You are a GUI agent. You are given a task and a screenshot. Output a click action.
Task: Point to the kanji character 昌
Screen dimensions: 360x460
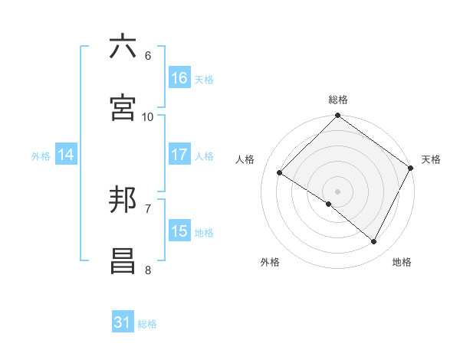pyautogui.click(x=123, y=261)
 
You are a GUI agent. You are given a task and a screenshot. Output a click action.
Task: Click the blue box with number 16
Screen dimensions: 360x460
pyautogui.click(x=179, y=78)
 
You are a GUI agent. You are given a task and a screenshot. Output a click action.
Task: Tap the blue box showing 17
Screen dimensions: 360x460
pyautogui.click(x=179, y=155)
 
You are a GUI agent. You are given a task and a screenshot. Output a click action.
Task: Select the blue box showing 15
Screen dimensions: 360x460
pyautogui.click(x=179, y=231)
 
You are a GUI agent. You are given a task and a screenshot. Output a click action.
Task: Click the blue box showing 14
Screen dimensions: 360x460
pyautogui.click(x=66, y=155)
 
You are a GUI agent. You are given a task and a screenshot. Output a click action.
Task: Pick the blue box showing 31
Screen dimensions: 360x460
pyautogui.click(x=123, y=322)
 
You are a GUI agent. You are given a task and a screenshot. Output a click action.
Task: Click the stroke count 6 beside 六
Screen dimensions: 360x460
pyautogui.click(x=147, y=55)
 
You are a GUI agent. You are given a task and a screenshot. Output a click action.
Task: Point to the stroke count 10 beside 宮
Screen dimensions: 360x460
pyautogui.click(x=148, y=116)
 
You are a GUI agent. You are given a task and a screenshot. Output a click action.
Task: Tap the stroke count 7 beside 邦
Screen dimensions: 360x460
pyautogui.click(x=147, y=208)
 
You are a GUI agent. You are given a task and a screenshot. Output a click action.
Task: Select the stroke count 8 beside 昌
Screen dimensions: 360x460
pyautogui.click(x=147, y=270)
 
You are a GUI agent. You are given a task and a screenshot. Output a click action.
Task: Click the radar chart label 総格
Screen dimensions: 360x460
pyautogui.click(x=337, y=100)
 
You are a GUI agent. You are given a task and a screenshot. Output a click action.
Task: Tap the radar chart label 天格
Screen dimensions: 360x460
pyautogui.click(x=431, y=159)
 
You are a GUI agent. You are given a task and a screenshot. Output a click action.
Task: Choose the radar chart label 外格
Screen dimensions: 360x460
pyautogui.click(x=270, y=262)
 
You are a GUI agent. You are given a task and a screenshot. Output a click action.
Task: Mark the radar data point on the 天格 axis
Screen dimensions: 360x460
pyautogui.click(x=411, y=168)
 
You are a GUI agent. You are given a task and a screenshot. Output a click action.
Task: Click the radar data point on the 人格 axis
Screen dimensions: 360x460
pyautogui.click(x=280, y=173)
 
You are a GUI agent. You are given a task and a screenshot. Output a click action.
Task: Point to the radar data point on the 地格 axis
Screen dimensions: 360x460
pyautogui.click(x=374, y=241)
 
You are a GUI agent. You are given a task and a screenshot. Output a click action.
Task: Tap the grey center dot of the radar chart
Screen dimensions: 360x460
pyautogui.click(x=337, y=191)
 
